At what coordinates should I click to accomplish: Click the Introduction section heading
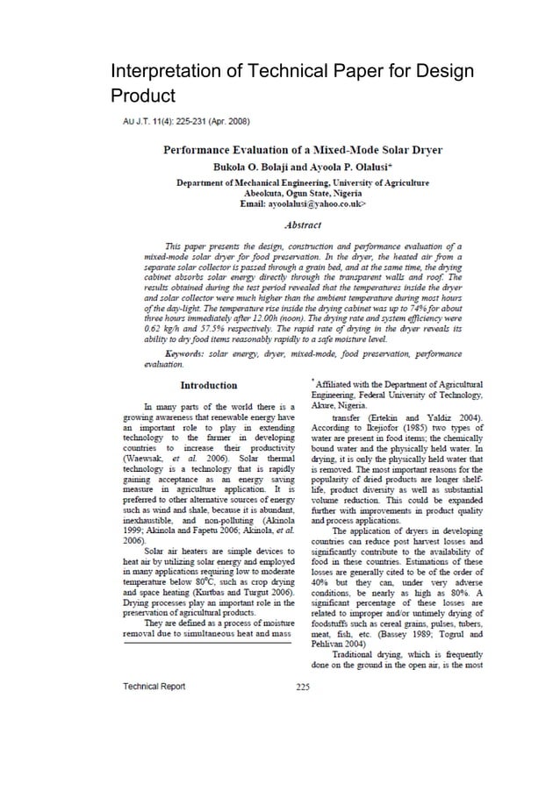point(208,385)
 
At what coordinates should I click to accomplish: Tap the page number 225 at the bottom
point(304,686)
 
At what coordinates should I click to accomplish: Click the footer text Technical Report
point(153,686)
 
